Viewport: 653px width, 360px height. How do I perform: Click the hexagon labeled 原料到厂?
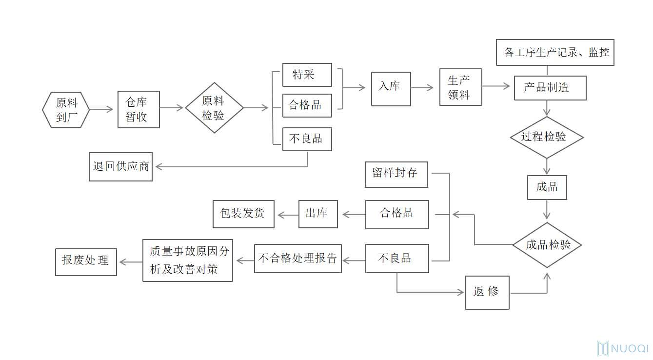click(66, 110)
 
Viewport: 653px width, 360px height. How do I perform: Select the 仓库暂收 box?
click(139, 109)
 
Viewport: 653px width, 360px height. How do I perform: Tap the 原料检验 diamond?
click(214, 108)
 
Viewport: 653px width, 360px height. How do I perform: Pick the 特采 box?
click(307, 75)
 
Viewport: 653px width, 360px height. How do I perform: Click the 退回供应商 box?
click(120, 167)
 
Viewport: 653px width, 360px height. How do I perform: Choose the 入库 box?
click(391, 88)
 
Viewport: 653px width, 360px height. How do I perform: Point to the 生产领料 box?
click(460, 87)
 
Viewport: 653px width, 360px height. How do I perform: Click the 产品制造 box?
click(550, 88)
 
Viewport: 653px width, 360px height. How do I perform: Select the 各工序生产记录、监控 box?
click(554, 52)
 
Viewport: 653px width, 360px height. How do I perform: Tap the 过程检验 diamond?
click(547, 137)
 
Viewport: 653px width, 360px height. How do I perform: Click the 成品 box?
click(547, 187)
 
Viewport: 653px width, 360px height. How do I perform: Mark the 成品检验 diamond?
click(547, 245)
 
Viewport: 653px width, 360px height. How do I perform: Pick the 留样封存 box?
click(396, 174)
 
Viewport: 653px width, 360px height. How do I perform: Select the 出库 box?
click(318, 214)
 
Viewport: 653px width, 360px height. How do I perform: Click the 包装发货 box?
click(243, 214)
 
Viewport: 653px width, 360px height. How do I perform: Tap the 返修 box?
click(487, 292)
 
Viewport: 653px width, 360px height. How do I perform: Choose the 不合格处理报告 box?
click(297, 258)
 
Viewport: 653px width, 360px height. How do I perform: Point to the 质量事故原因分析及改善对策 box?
click(188, 260)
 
